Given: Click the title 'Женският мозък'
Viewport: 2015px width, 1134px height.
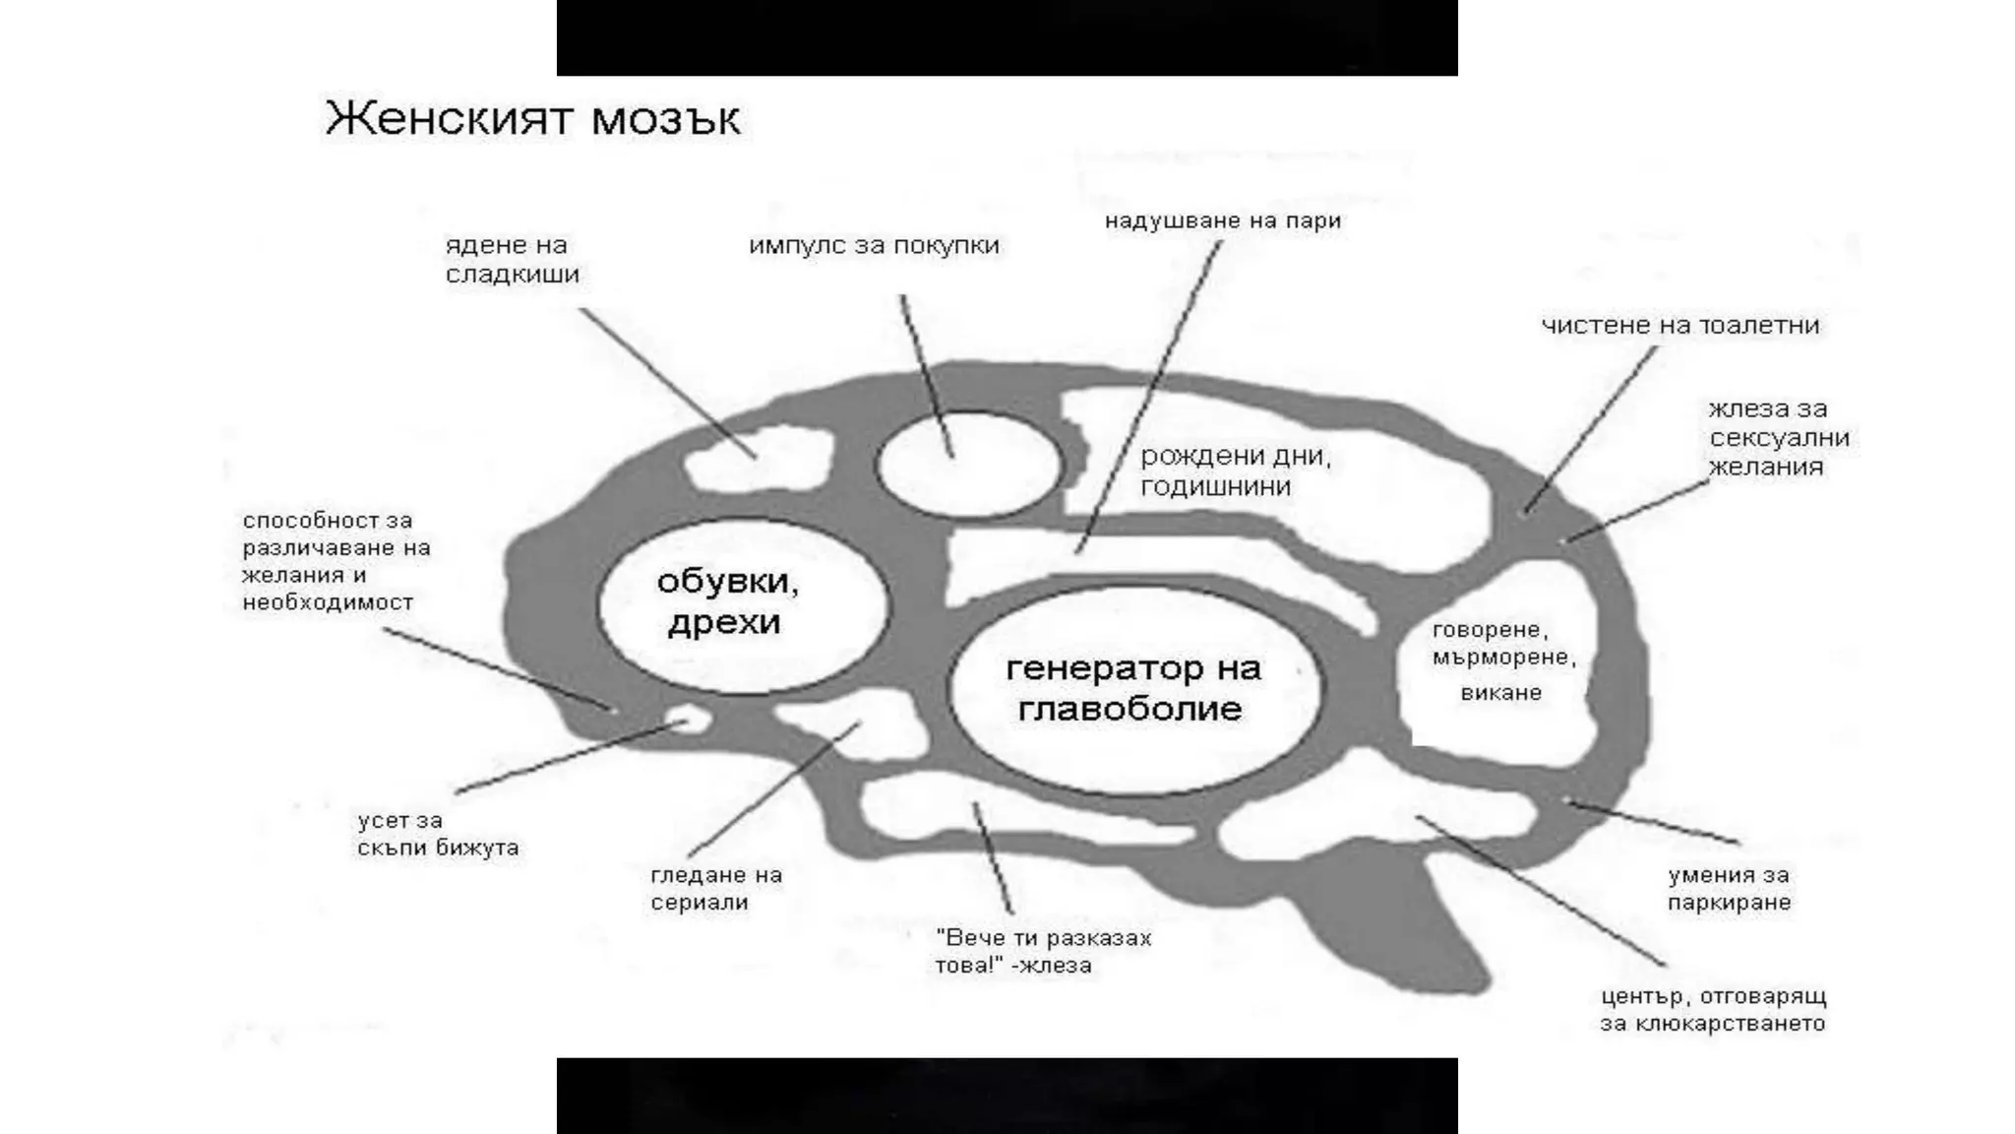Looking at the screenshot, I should tap(532, 119).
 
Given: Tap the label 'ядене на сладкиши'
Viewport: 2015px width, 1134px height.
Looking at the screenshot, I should tap(512, 260).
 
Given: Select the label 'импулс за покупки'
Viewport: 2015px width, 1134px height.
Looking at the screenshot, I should tap(874, 245).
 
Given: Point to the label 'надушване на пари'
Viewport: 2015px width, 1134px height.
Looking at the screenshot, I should tap(1222, 221).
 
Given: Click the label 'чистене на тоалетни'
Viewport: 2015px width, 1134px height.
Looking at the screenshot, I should tap(1679, 326).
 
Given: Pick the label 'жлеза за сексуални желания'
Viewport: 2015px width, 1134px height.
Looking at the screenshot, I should tap(1778, 438).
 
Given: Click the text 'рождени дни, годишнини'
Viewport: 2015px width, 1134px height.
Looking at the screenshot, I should tap(1235, 472).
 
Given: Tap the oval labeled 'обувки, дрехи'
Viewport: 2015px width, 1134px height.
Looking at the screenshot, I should tap(743, 605).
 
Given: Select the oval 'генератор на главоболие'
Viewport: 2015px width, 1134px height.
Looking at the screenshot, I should tap(1133, 689).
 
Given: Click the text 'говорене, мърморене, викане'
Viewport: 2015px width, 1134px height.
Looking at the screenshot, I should tap(1502, 661).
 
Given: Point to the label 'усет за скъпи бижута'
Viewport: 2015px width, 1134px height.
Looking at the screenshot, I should tap(438, 834).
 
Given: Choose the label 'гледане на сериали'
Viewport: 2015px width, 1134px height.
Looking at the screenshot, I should tap(715, 889).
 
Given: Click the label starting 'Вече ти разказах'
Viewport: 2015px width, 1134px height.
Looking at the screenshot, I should tap(1043, 952).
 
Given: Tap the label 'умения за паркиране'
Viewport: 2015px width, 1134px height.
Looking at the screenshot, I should tap(1729, 889).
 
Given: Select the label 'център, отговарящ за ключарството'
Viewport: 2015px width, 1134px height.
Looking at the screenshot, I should tap(1713, 1009).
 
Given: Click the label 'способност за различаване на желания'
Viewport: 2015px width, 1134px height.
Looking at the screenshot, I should tap(336, 561).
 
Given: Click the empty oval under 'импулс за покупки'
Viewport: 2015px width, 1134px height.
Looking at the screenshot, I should tap(968, 466).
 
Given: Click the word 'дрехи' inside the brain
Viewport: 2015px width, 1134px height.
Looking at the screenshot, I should tap(724, 624).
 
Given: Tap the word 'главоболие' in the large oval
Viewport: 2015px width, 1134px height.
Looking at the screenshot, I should tap(1130, 709).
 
